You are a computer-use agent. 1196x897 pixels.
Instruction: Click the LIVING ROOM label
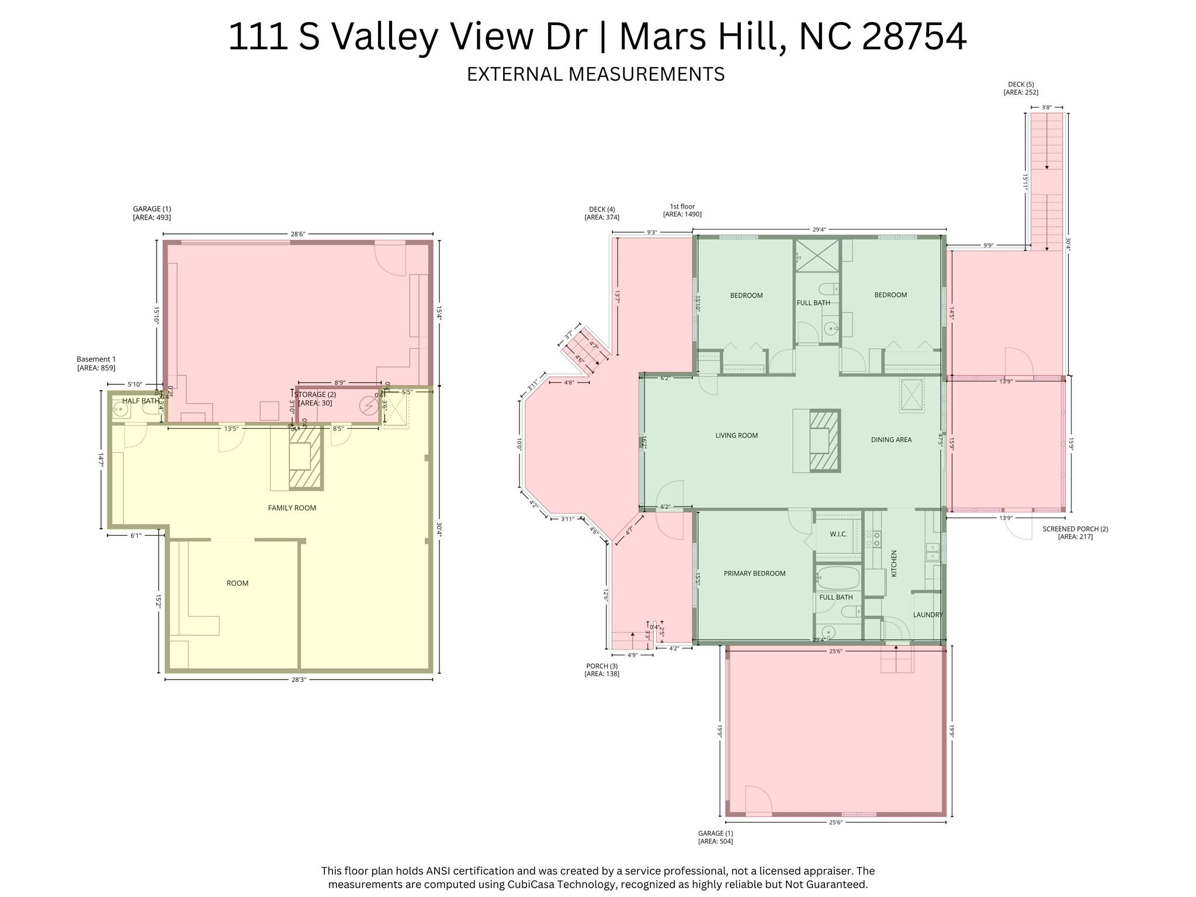pyautogui.click(x=736, y=435)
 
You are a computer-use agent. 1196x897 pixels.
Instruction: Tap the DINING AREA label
pyautogui.click(x=891, y=439)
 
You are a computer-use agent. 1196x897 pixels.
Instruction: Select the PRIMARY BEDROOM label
pyautogui.click(x=754, y=573)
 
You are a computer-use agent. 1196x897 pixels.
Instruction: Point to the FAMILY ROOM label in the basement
pyautogui.click(x=292, y=508)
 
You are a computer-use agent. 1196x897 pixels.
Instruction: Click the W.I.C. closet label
pyautogui.click(x=838, y=534)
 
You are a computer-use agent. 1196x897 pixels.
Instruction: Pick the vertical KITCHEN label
pyautogui.click(x=893, y=563)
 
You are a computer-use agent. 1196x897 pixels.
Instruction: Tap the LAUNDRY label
pyautogui.click(x=927, y=615)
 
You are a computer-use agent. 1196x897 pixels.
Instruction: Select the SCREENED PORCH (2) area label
pyautogui.click(x=1075, y=532)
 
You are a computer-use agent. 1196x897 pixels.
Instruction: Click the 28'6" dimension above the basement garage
pyautogui.click(x=297, y=234)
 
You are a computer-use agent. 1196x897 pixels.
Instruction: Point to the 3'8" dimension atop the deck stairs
pyautogui.click(x=1046, y=108)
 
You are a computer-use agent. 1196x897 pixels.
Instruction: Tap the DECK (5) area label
pyautogui.click(x=1021, y=88)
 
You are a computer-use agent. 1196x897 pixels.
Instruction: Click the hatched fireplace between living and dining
pyautogui.click(x=825, y=441)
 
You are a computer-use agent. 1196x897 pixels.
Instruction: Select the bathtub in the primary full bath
pyautogui.click(x=838, y=578)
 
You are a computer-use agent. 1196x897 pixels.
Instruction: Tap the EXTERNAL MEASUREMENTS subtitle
pyautogui.click(x=595, y=74)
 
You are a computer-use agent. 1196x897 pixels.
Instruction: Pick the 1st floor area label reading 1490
pyautogui.click(x=682, y=210)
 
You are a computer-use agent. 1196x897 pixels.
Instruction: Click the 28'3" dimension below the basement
pyautogui.click(x=298, y=680)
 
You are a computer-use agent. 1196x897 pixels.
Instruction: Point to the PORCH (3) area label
pyautogui.click(x=602, y=670)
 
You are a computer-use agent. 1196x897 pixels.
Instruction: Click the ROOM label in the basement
pyautogui.click(x=237, y=583)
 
